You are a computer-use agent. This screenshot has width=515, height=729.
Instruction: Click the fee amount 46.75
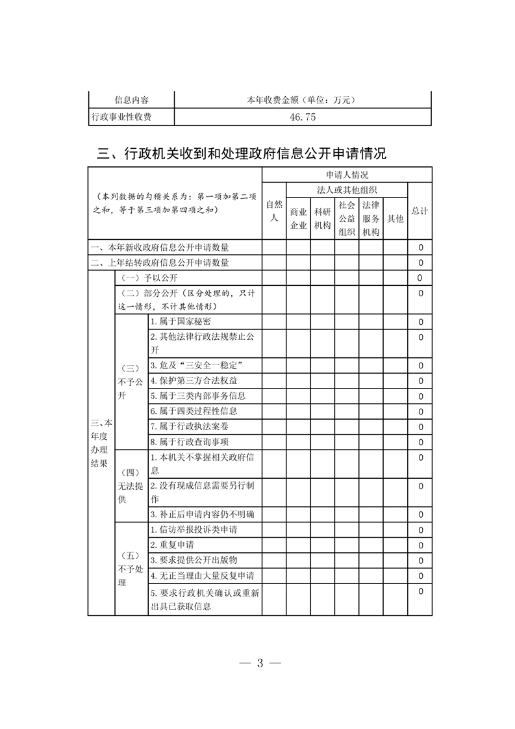point(303,118)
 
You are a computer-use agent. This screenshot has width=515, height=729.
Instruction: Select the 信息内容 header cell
point(131,100)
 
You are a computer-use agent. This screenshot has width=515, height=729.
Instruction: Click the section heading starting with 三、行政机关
point(242,154)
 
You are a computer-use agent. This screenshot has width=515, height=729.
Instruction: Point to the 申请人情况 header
point(347,175)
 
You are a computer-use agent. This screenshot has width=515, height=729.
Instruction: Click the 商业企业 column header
point(298,218)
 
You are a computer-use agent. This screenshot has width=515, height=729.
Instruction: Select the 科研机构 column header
point(322,218)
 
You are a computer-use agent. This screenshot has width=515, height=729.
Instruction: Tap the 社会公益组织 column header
point(347,218)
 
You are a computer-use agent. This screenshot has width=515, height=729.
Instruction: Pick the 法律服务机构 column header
point(371,218)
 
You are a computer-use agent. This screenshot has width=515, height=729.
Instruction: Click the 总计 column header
point(420,211)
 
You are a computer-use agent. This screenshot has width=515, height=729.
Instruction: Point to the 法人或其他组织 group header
point(347,190)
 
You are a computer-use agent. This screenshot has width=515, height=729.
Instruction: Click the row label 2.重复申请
point(172,544)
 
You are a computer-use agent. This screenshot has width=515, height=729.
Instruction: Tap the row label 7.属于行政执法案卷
point(189,426)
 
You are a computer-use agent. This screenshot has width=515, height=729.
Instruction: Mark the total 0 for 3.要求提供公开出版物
point(420,560)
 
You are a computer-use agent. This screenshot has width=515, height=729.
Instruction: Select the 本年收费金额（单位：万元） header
point(303,100)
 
